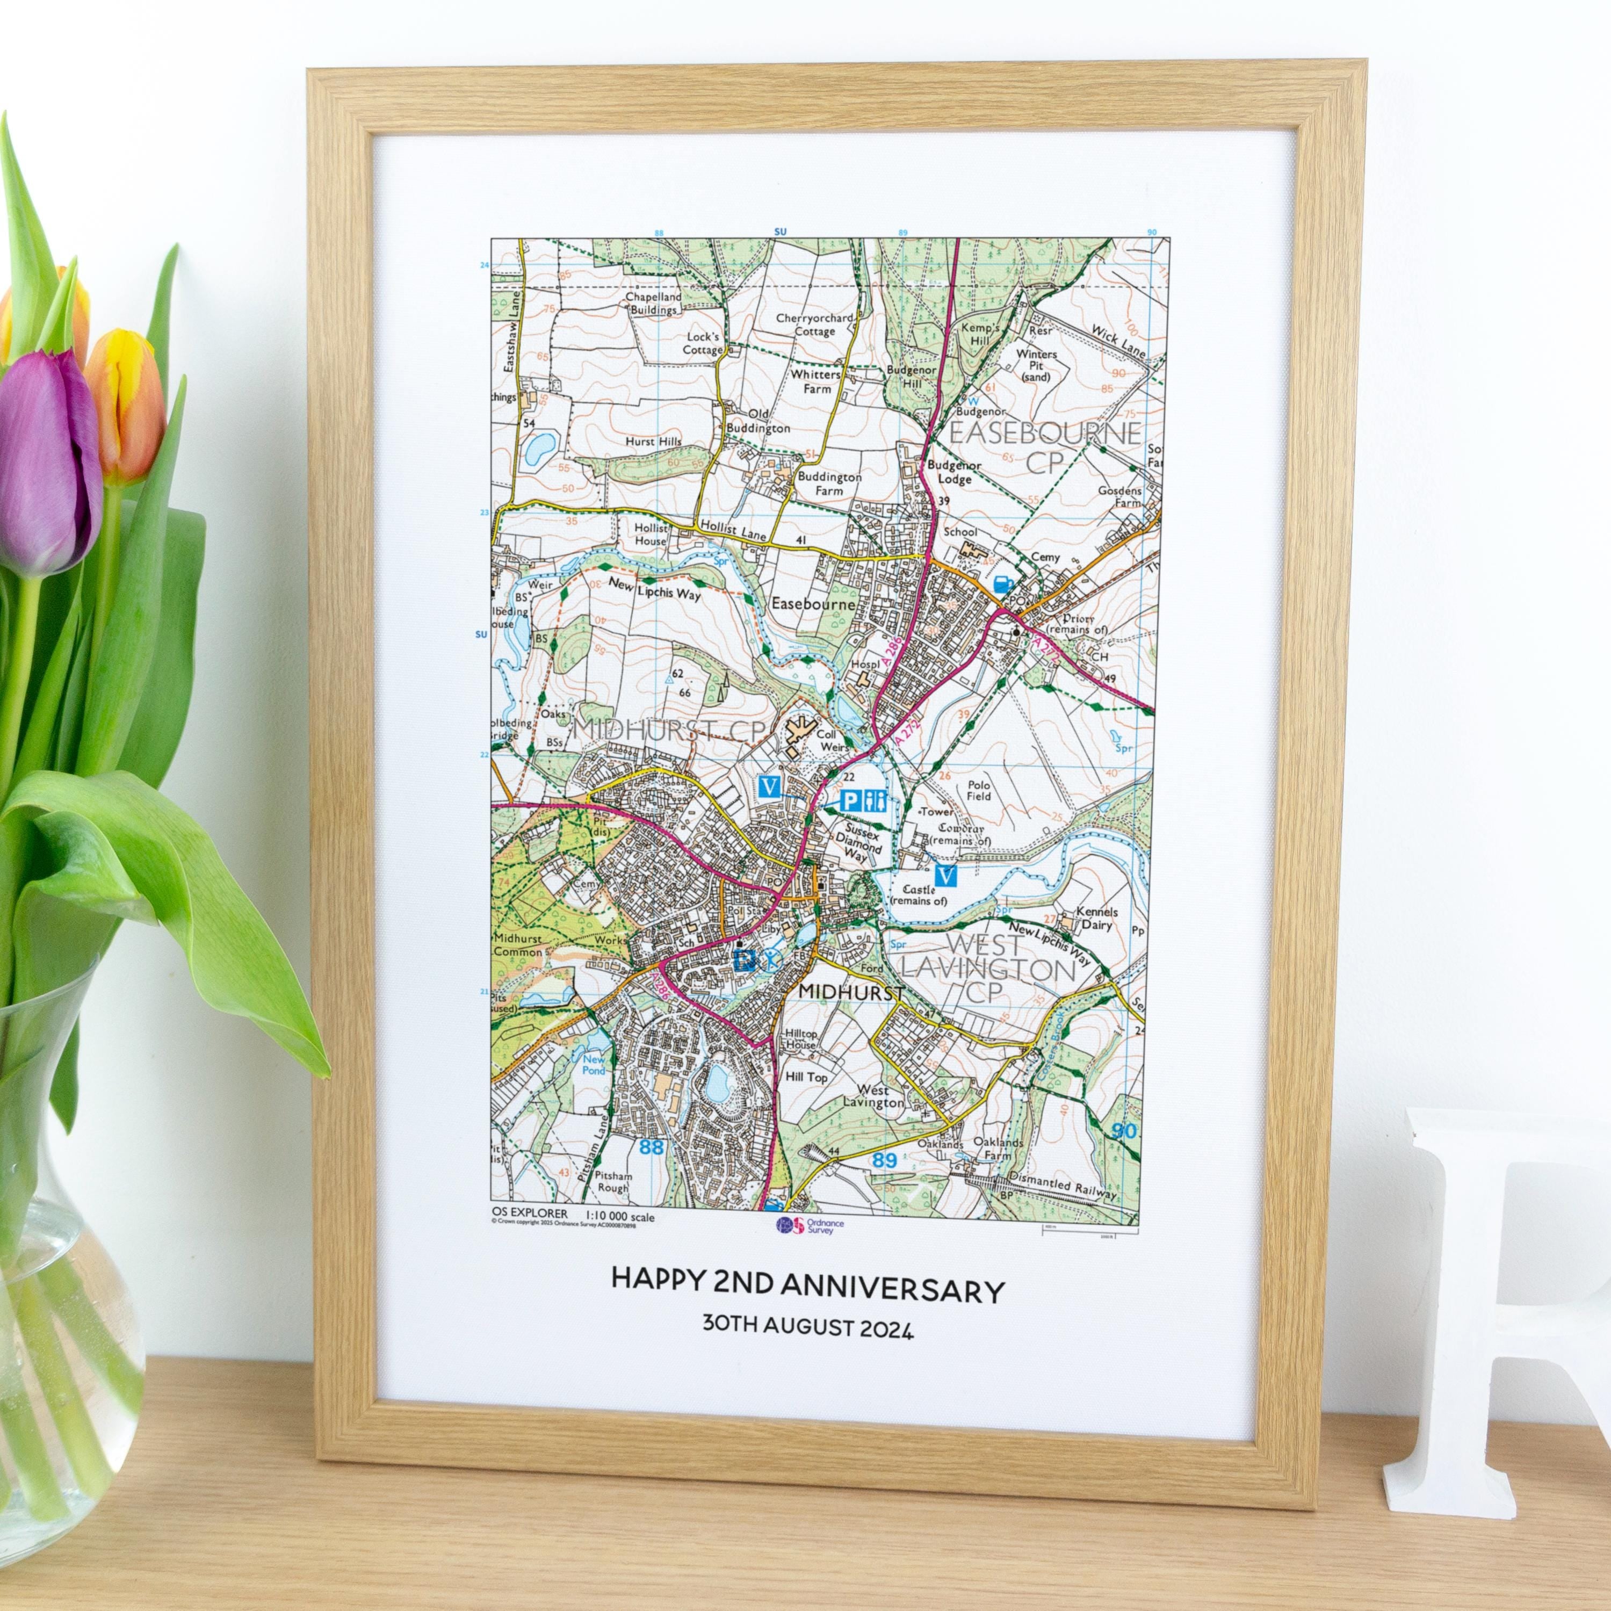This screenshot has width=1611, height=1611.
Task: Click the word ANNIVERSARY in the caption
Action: [x=892, y=1291]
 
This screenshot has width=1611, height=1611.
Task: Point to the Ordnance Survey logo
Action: [x=809, y=1225]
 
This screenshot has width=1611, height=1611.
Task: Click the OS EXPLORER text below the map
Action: [x=530, y=1214]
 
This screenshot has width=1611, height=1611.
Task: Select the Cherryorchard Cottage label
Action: [x=815, y=324]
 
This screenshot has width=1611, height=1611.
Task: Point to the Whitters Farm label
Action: [x=815, y=381]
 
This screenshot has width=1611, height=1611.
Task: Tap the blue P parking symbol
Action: [x=850, y=801]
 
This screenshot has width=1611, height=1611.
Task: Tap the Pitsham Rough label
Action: [x=613, y=1182]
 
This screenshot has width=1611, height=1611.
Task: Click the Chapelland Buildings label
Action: [x=654, y=302]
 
